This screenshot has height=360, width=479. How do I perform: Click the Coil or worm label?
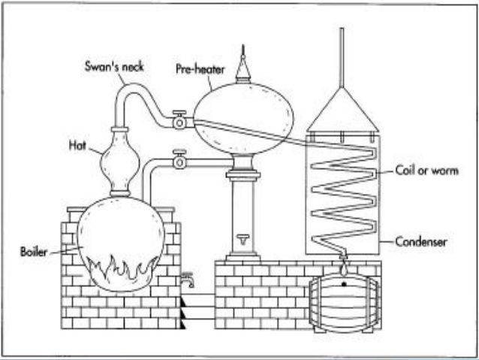pos(426,171)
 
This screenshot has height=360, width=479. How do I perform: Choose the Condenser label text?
pos(424,242)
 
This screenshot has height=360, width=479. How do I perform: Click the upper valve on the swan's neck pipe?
pos(179,120)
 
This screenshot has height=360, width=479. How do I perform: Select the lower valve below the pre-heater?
pos(179,160)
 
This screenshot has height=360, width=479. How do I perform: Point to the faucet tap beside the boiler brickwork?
pos(188,281)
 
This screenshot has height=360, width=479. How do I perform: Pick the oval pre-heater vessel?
pos(243,116)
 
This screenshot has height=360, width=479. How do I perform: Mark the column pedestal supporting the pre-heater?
pos(243,210)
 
